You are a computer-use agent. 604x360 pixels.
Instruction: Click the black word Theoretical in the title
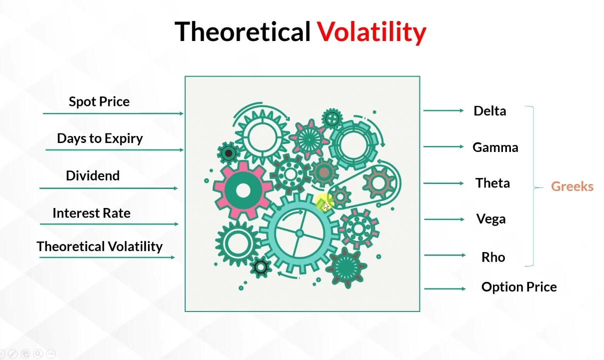[242, 31]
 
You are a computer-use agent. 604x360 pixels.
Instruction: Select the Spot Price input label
[99, 101]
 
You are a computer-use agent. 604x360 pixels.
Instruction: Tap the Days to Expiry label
[100, 138]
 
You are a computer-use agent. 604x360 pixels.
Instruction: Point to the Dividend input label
[93, 175]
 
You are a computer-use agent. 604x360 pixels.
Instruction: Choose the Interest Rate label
[92, 213]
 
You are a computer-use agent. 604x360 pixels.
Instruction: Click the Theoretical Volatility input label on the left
[100, 246]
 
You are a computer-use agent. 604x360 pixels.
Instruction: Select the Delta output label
[490, 110]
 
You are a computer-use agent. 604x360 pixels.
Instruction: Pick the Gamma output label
[495, 147]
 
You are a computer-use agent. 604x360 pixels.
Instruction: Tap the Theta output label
[492, 183]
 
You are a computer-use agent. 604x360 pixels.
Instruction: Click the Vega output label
[491, 219]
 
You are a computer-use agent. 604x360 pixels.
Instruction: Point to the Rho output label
[493, 257]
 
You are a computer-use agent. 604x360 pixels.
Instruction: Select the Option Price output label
[519, 286]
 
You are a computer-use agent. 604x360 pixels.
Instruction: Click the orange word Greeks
[572, 186]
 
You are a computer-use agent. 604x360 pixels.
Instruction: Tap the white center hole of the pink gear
[243, 190]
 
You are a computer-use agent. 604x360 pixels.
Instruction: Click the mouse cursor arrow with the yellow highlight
[326, 206]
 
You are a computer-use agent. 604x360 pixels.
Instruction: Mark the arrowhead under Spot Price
[182, 113]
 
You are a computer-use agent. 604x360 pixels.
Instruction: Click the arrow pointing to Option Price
[445, 289]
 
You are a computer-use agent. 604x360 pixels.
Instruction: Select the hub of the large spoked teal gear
[300, 233]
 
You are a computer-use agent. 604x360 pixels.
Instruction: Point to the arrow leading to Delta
[443, 110]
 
